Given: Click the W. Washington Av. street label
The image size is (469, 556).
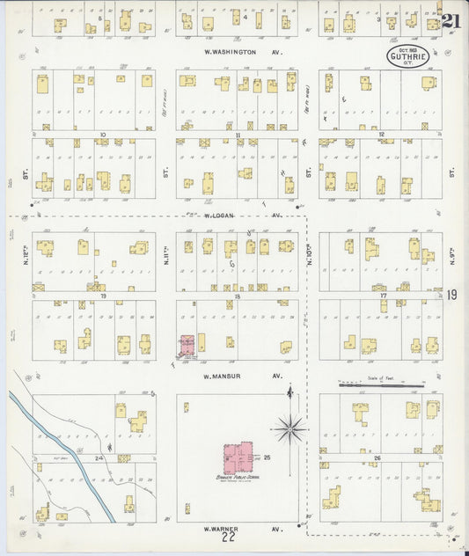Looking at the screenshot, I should point(226,52).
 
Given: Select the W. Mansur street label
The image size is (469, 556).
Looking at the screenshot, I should point(224,376).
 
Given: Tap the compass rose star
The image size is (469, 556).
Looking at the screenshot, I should point(289,429).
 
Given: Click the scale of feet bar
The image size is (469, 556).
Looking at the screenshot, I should point(381,384).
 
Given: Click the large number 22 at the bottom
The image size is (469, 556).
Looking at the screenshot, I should point(230,538).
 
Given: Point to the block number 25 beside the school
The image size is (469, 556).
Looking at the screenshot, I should point(267,458).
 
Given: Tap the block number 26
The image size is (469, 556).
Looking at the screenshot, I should point(377,458).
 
